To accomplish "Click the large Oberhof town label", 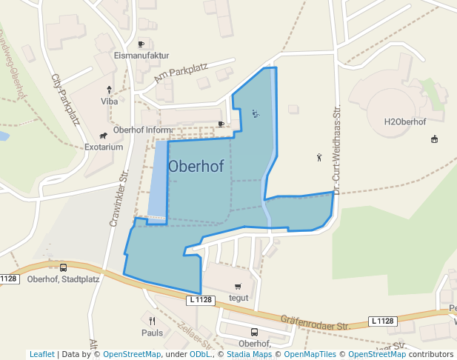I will click(x=196, y=167).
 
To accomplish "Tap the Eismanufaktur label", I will click(x=142, y=56).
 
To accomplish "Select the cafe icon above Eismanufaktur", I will click(x=141, y=44).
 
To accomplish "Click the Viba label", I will click(x=110, y=101).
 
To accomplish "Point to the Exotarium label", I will click(x=104, y=147).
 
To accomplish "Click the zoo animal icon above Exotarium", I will click(x=103, y=136).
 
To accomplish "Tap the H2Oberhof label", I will click(x=405, y=121).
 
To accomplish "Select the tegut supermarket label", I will click(x=238, y=298).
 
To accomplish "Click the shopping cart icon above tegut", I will click(x=238, y=287).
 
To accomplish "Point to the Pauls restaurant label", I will click(x=152, y=333).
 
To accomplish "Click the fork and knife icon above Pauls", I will click(x=152, y=321).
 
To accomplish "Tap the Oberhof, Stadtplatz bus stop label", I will click(x=63, y=279).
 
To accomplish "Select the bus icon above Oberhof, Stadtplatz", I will click(x=63, y=267).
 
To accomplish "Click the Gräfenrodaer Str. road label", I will click(x=315, y=322).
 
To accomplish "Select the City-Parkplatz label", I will click(x=66, y=99).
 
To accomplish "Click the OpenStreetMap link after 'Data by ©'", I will click(x=132, y=354).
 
